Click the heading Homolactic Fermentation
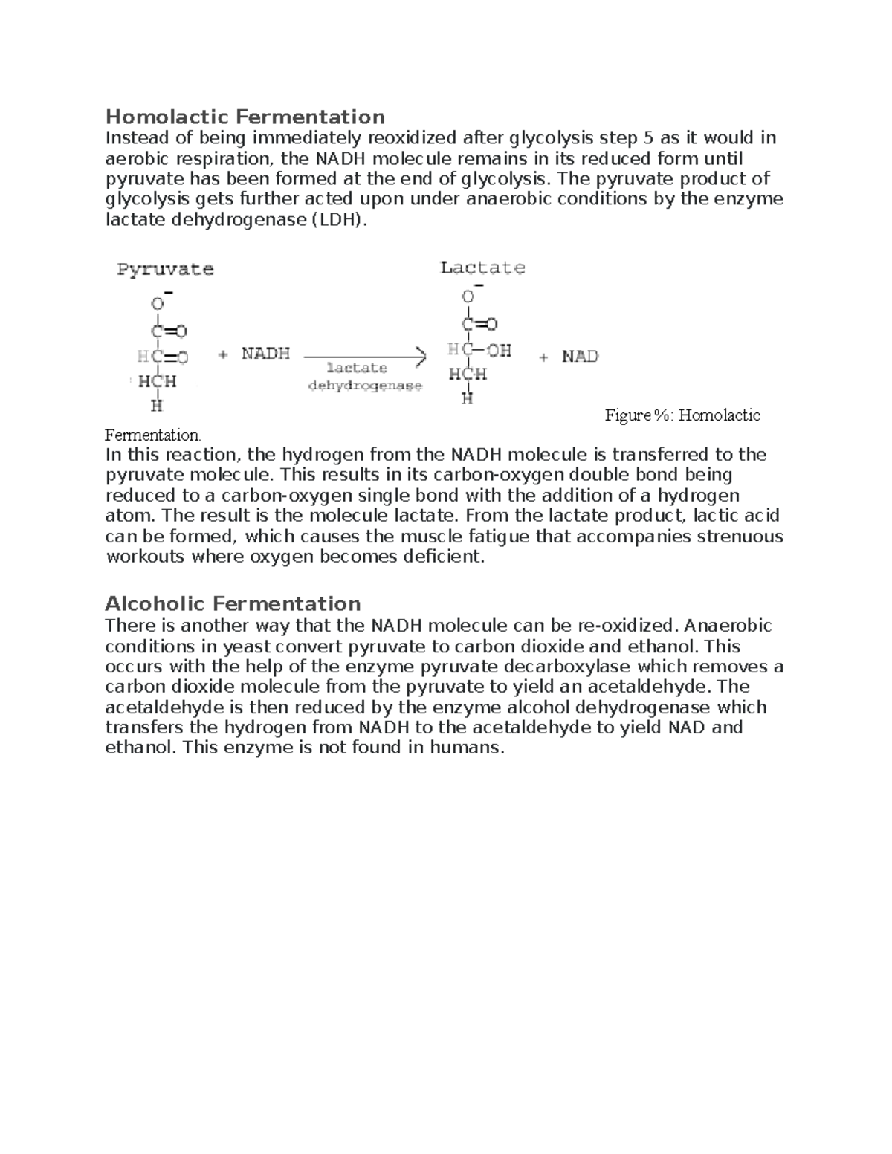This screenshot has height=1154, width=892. point(245,117)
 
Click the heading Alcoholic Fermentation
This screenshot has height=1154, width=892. point(233,603)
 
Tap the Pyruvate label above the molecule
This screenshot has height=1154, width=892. point(165,270)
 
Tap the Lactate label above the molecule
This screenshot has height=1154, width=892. point(482,268)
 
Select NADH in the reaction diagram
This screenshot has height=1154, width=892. point(265,354)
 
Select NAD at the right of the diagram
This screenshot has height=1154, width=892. point(580,357)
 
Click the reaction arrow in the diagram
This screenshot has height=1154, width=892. point(364,357)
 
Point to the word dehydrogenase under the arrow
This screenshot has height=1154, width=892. point(365,386)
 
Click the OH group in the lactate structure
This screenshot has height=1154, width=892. point(498,350)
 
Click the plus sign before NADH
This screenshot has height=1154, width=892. point(223,355)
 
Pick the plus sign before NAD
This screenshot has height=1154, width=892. point(544,357)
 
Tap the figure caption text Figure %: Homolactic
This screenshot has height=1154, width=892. point(682,415)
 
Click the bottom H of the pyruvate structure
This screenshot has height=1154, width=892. point(156,406)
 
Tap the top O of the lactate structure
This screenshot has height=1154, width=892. point(468,297)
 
